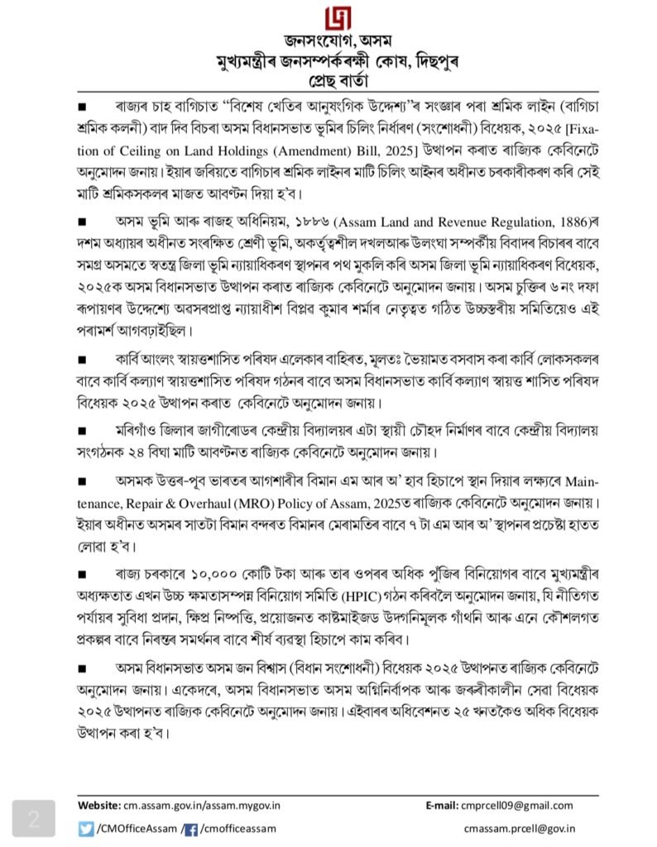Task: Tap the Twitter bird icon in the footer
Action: click(x=86, y=828)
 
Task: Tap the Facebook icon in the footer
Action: click(x=189, y=828)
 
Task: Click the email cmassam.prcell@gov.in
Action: click(x=520, y=828)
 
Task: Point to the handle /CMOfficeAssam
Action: click(x=135, y=828)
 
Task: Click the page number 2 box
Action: click(x=34, y=820)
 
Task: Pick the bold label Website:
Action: click(x=99, y=806)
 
